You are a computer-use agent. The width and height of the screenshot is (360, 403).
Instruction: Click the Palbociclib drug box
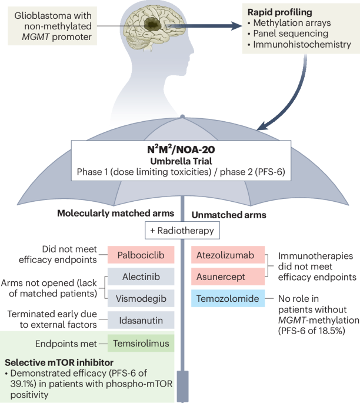point(141,254)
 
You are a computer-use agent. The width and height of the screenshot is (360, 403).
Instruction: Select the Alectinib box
point(141,277)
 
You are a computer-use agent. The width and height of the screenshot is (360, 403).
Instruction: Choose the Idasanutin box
point(141,319)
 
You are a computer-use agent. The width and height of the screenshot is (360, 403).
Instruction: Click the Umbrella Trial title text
point(180,158)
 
